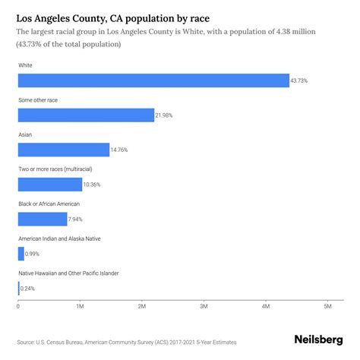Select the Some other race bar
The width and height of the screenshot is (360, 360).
click(x=86, y=115)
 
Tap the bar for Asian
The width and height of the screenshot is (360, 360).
click(x=64, y=150)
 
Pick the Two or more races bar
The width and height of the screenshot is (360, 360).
click(x=50, y=185)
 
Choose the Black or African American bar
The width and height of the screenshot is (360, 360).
click(x=43, y=219)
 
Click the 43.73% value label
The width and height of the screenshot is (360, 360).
click(x=300, y=81)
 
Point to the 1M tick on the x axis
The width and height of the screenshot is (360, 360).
click(x=80, y=305)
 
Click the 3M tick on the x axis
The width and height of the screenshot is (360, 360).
click(x=204, y=305)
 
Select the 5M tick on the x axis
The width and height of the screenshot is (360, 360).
click(x=327, y=305)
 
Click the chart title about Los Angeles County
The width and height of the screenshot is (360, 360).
click(x=103, y=16)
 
